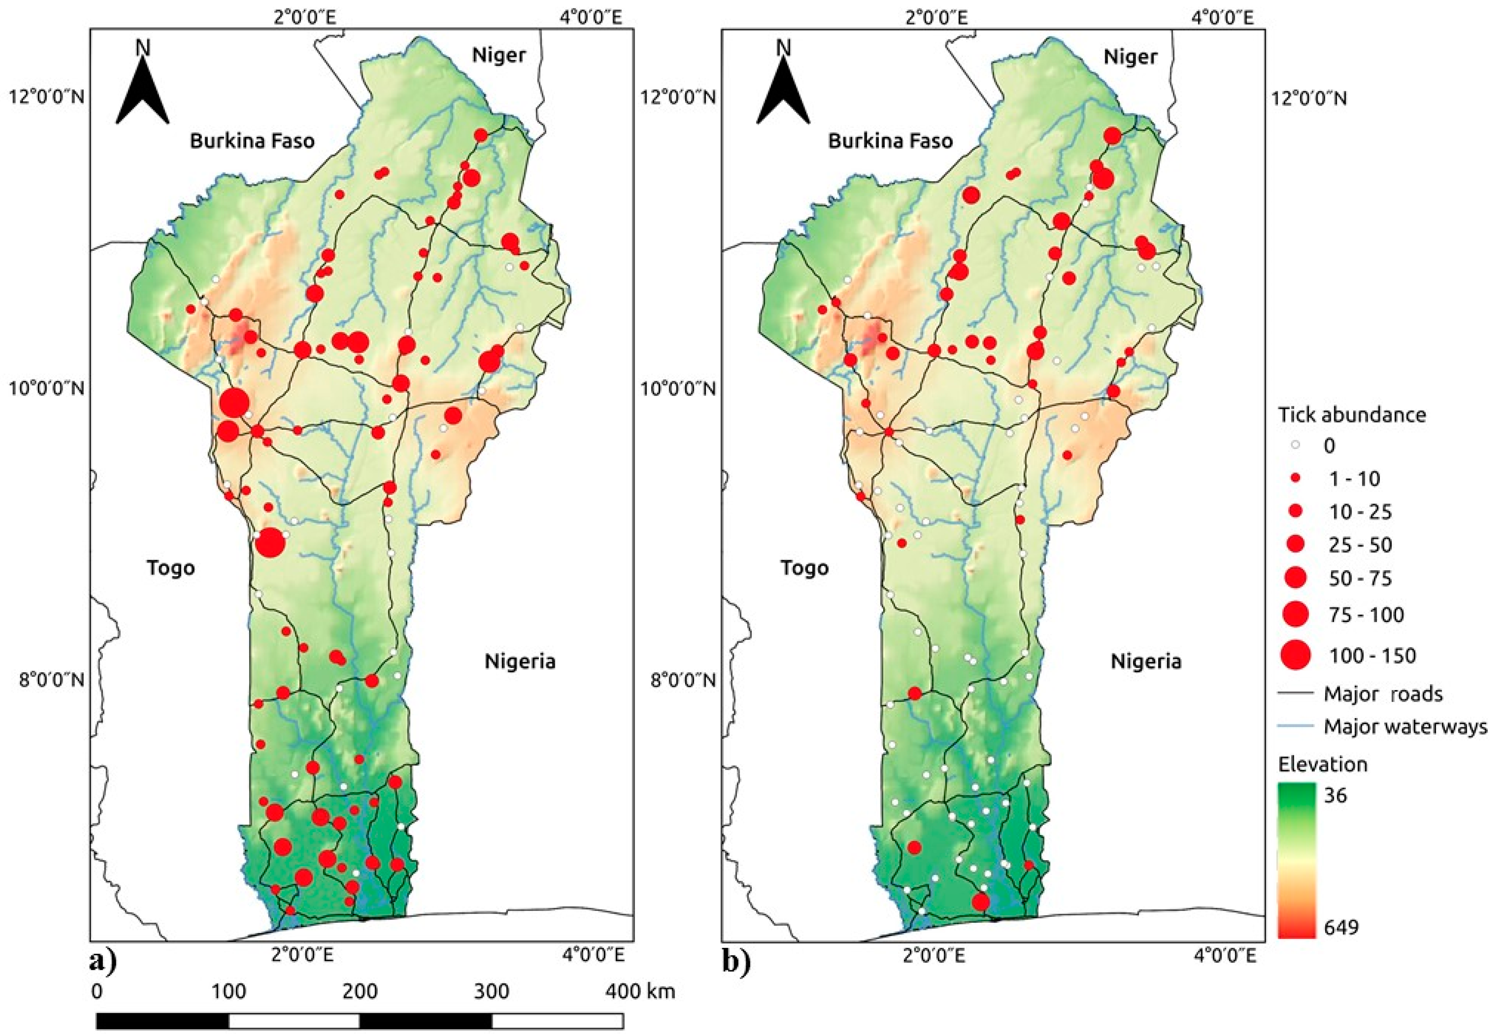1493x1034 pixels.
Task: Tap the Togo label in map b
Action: (x=804, y=568)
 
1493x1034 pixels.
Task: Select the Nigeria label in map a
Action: (x=520, y=662)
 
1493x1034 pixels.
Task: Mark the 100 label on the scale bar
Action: (x=228, y=991)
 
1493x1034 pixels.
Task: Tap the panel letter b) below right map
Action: (x=737, y=962)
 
